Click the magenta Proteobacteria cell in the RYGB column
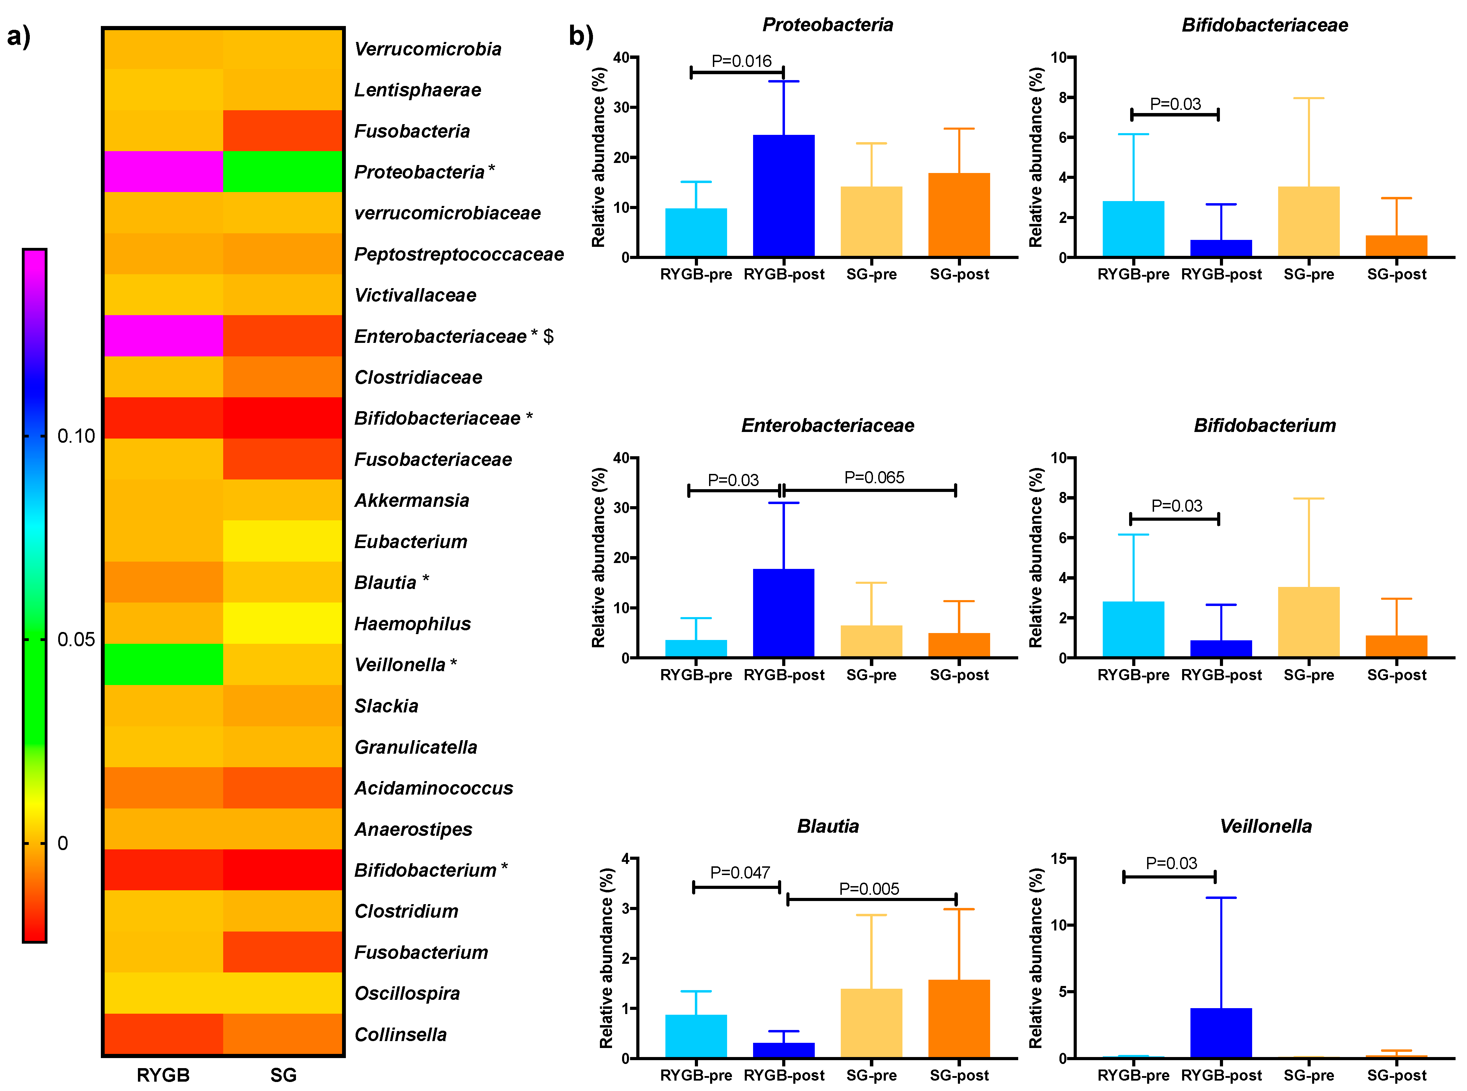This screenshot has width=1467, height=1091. click(x=163, y=172)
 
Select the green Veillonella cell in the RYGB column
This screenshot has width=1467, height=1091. click(x=163, y=664)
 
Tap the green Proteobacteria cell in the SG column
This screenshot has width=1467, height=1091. click(x=282, y=172)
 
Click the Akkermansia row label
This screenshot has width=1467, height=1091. click(x=411, y=501)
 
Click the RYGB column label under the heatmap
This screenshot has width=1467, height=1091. click(x=163, y=1075)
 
